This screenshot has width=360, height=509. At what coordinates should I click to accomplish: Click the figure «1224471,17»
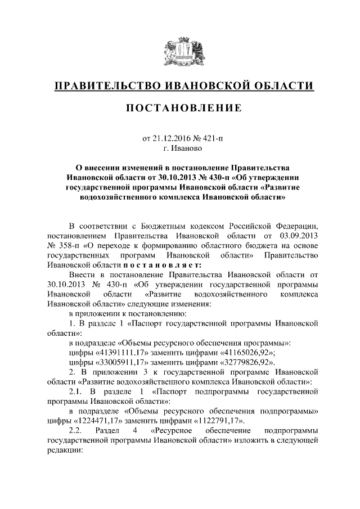[x=100, y=420]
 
